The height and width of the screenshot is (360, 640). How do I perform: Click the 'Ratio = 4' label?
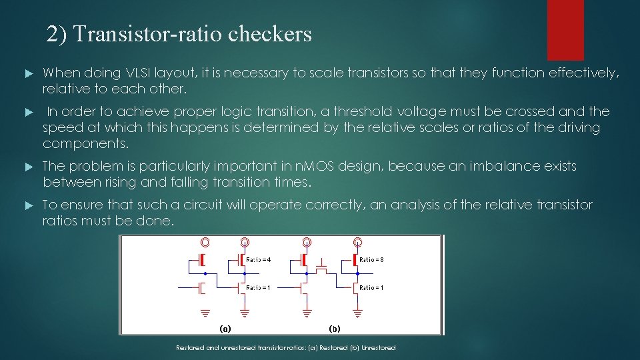[x=259, y=259]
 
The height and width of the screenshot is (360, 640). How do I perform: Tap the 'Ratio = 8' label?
[x=371, y=259]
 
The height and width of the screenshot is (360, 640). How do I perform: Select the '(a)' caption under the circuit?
[x=226, y=328]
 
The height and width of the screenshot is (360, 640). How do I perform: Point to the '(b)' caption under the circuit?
[x=335, y=328]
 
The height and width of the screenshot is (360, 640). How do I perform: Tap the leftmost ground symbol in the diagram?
[x=205, y=311]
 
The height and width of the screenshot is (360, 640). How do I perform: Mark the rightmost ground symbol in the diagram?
[x=358, y=311]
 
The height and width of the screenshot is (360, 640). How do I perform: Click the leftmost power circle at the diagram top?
[x=205, y=241]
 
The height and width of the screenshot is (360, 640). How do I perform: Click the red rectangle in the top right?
[x=565, y=30]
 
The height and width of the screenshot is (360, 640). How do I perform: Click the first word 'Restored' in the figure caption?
[x=189, y=348]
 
